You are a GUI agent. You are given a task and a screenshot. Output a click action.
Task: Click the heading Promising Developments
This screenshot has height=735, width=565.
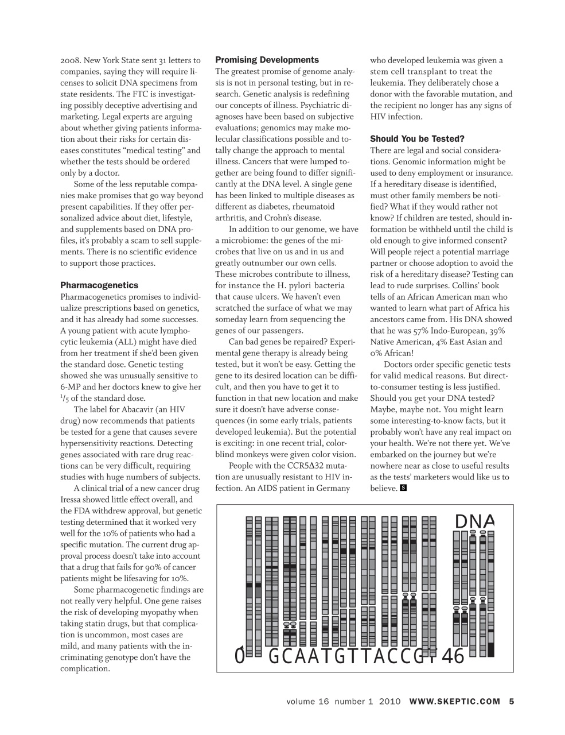coord(267,60)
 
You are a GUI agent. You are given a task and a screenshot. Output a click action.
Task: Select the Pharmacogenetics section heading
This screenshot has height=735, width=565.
coord(99,285)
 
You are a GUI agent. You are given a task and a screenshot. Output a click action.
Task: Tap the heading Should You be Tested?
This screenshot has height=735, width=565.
coord(417,139)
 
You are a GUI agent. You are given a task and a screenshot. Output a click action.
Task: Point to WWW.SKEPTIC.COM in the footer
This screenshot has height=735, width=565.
coord(455,701)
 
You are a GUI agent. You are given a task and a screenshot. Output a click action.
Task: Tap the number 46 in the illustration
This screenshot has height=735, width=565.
coord(453,656)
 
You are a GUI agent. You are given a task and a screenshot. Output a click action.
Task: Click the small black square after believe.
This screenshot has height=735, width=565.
coord(403,488)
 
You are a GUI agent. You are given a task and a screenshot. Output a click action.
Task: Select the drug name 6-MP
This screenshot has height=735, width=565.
coord(71,387)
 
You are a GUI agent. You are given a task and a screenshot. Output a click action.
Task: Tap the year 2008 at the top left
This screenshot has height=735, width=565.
coord(71,60)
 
